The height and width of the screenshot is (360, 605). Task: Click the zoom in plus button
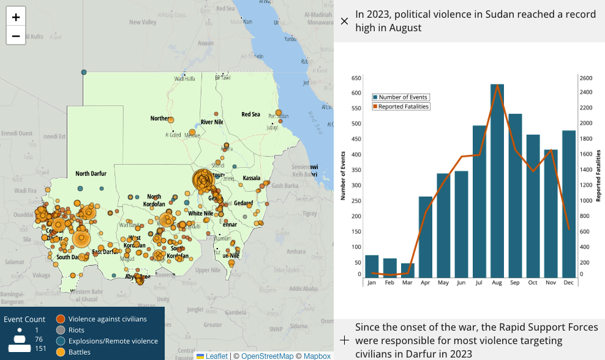(16, 17)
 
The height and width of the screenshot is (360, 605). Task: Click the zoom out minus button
(16, 36)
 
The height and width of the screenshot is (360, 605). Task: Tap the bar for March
(408, 270)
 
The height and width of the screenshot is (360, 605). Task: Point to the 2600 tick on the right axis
(586, 78)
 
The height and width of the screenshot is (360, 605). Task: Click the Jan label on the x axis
(372, 283)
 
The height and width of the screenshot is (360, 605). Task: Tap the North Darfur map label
(91, 174)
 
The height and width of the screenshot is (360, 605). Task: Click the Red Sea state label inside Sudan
(250, 114)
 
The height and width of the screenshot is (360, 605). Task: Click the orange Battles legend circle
(61, 352)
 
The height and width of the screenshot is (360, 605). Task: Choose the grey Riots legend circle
(61, 330)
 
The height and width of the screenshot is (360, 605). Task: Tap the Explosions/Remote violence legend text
(113, 341)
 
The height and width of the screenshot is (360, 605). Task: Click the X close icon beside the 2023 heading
(344, 21)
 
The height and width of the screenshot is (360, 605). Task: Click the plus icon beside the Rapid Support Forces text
(344, 340)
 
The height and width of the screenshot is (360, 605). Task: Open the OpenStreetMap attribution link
(267, 356)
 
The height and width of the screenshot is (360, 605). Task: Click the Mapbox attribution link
(317, 356)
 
